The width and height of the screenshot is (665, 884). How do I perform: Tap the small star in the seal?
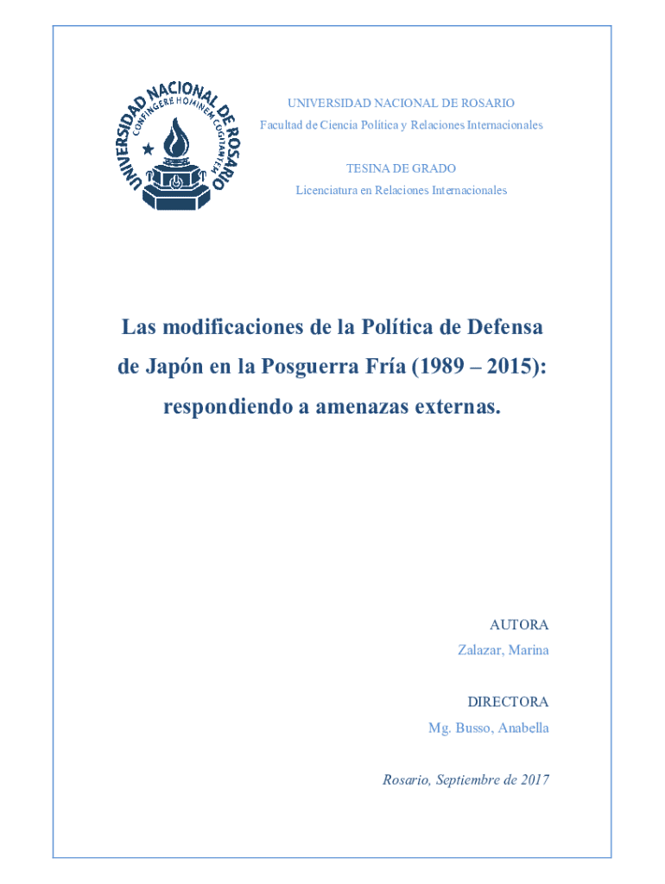pos(148,148)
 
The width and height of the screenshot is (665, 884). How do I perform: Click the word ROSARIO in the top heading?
pos(489,103)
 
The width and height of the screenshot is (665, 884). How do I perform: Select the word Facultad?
pos(282,125)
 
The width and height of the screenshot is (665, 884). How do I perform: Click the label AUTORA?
pos(519,624)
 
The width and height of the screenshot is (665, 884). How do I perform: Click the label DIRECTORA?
pos(508,702)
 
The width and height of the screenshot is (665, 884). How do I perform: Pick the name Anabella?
pos(522,728)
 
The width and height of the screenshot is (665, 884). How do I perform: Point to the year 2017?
pos(535,780)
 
